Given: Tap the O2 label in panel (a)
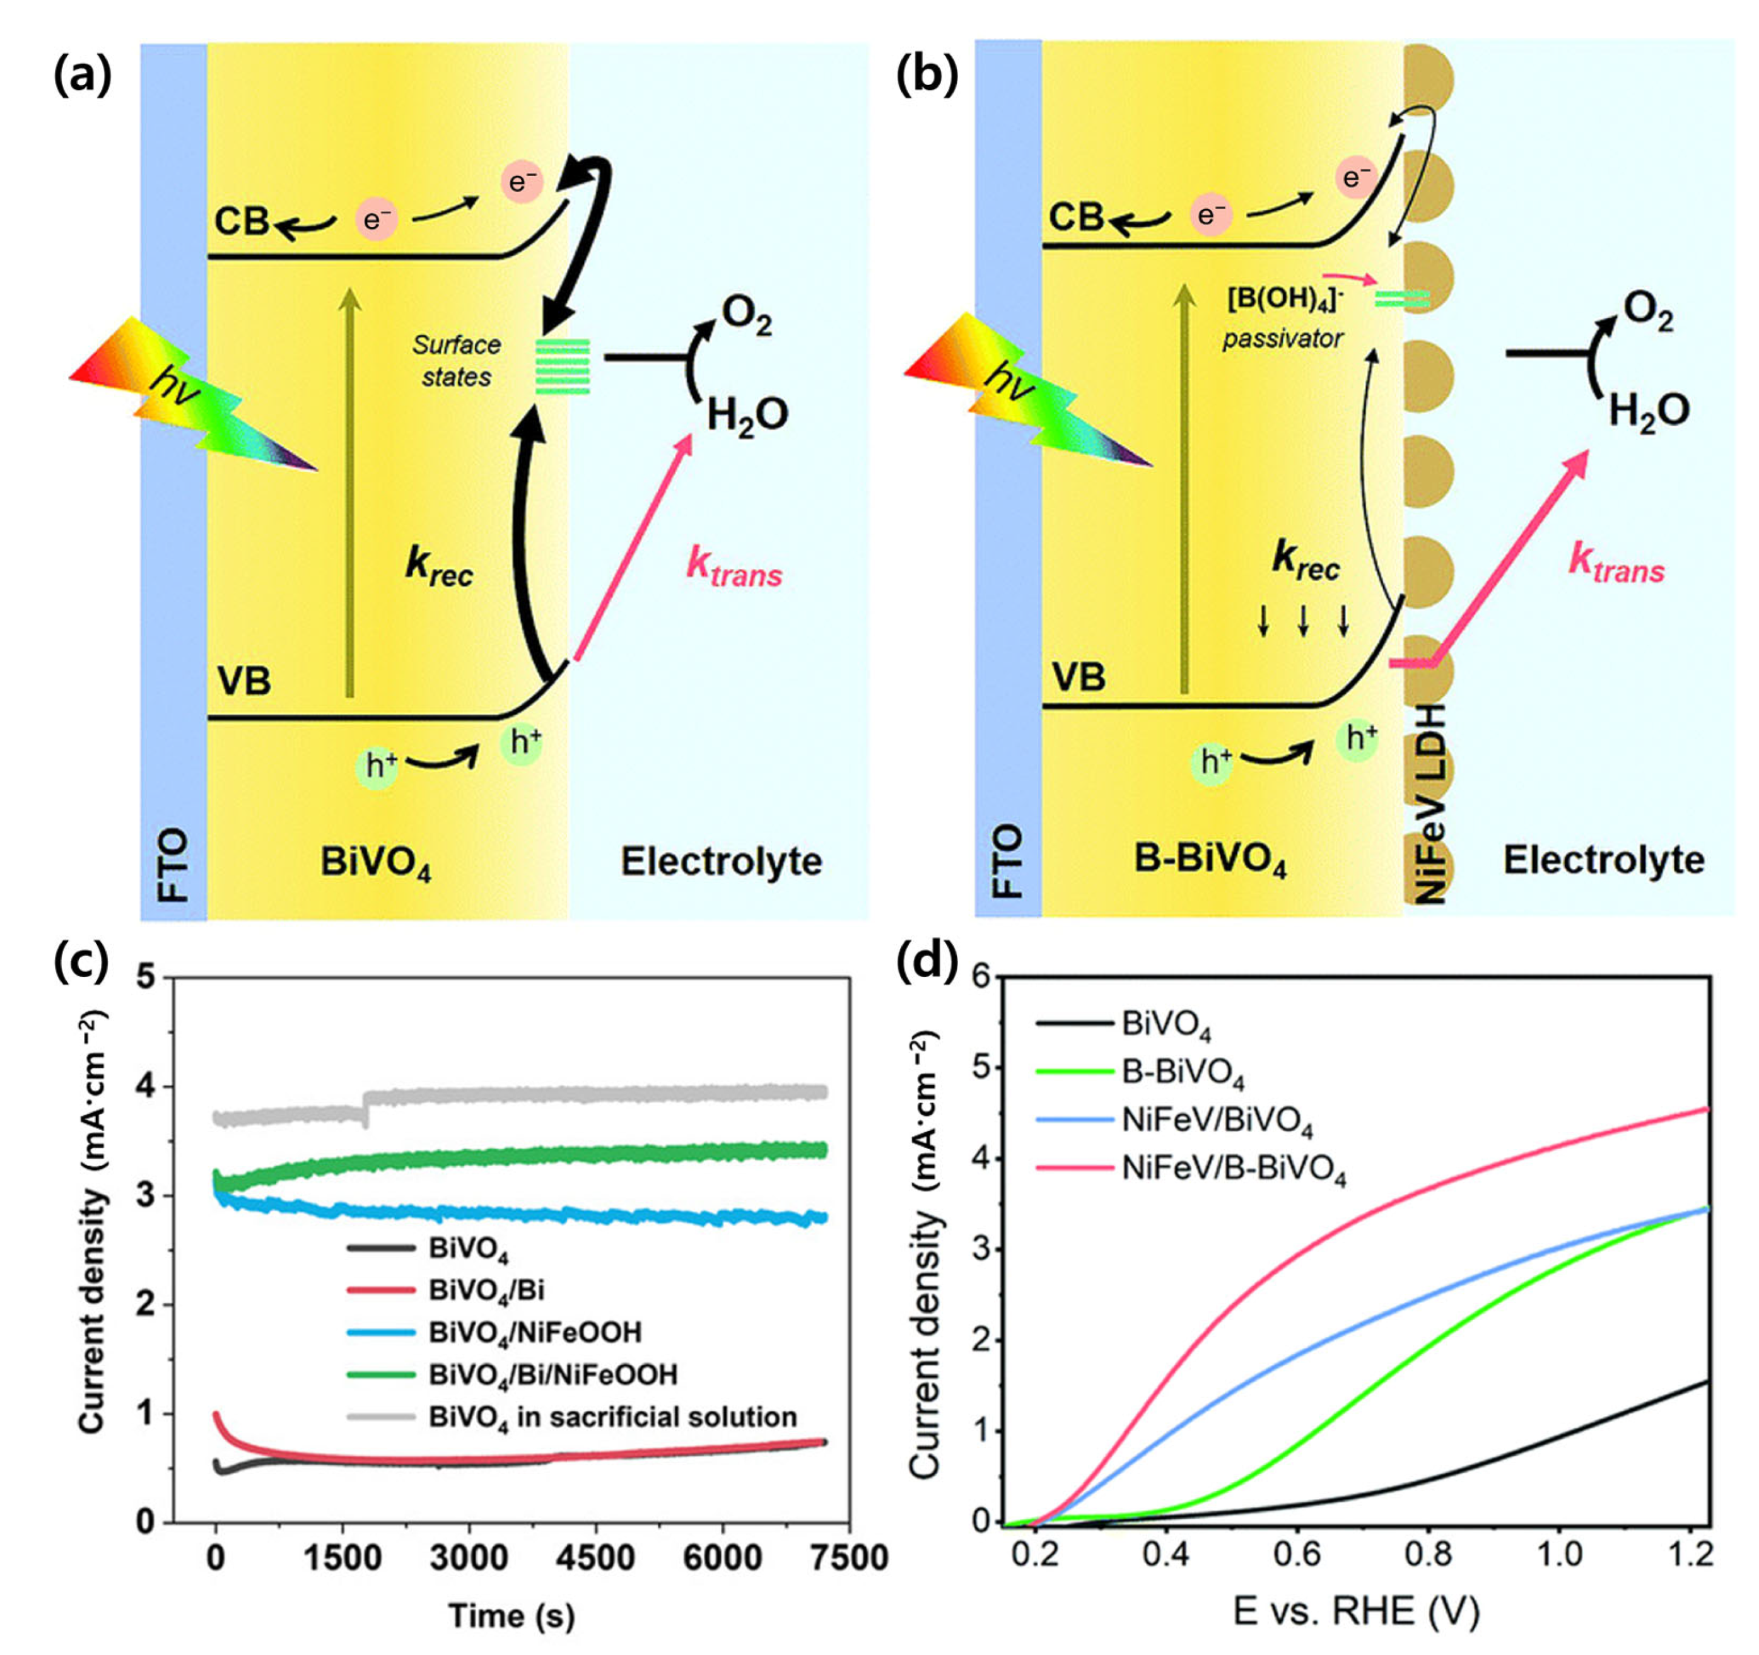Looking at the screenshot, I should (x=746, y=316).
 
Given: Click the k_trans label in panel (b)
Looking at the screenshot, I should (x=1616, y=564).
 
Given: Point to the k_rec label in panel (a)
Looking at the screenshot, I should (x=439, y=566).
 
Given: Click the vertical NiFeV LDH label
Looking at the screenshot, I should (x=1430, y=802).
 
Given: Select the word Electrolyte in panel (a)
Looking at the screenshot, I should (x=721, y=861).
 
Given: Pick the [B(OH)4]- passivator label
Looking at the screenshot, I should (x=1284, y=318).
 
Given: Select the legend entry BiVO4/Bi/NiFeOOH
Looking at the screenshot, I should (x=553, y=1374).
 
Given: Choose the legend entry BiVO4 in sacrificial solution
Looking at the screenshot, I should (x=612, y=1417).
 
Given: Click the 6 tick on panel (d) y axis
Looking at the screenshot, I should (x=979, y=976).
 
